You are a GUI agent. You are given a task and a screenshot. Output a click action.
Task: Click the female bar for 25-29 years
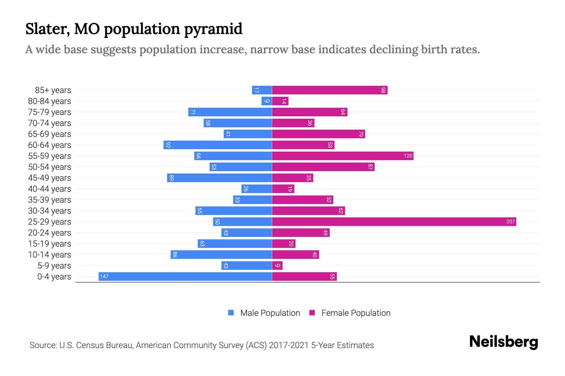point(394,222)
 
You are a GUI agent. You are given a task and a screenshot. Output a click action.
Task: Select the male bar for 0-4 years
point(185,277)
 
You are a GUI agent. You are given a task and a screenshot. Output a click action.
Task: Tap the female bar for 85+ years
point(330,90)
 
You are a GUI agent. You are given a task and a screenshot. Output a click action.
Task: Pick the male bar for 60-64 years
point(218,145)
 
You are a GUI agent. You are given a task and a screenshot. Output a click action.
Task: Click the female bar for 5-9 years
point(277,266)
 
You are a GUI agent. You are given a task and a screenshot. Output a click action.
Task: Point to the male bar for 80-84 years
point(266,101)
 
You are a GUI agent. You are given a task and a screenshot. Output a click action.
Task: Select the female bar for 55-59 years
point(342,156)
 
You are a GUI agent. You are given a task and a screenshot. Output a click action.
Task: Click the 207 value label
point(510,222)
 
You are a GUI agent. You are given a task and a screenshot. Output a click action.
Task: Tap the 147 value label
point(104,277)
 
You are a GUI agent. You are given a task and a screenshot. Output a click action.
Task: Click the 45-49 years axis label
point(50,178)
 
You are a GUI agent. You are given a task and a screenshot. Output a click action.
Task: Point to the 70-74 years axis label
point(50,123)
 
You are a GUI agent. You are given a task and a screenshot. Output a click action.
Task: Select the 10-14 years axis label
point(50,255)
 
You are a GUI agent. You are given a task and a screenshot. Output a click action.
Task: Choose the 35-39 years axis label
point(50,200)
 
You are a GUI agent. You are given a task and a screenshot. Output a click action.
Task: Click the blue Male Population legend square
point(231,313)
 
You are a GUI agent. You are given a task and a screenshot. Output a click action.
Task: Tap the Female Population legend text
point(356,313)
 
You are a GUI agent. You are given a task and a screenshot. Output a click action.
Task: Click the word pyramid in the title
point(213,29)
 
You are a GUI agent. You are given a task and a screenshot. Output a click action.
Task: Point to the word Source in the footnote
point(43,345)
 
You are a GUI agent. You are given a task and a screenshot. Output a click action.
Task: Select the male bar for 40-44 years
point(256,189)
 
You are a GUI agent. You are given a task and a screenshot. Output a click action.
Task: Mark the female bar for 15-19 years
point(284,244)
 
